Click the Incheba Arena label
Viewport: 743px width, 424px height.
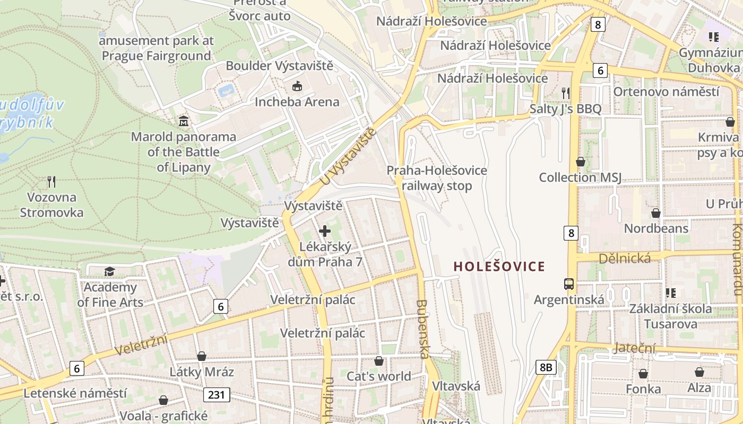point(297,102)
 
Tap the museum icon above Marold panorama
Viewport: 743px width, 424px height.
point(184,121)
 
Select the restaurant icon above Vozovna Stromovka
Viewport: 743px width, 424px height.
point(51,182)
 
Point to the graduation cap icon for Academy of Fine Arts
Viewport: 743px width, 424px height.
point(109,272)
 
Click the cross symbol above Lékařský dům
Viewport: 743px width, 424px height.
point(325,231)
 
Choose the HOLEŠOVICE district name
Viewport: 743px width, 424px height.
point(499,266)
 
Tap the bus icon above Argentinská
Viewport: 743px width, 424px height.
point(569,284)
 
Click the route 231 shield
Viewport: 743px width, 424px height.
point(217,394)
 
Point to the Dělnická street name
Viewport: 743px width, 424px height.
point(624,258)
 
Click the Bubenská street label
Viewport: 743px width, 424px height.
point(422,329)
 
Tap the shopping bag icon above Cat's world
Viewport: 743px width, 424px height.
point(379,361)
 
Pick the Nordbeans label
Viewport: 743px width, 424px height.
point(656,228)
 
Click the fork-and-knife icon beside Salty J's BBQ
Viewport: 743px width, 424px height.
point(565,93)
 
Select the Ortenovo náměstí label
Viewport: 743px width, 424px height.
point(666,92)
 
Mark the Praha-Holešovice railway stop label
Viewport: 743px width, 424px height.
point(436,178)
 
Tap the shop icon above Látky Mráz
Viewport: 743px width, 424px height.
point(202,356)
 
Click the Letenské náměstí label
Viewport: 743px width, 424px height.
point(75,393)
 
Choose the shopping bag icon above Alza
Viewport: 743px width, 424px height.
point(699,373)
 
